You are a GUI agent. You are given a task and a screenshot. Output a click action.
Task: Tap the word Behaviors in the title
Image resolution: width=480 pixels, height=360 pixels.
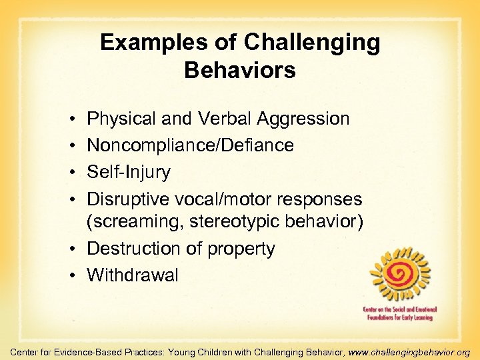(x=240, y=70)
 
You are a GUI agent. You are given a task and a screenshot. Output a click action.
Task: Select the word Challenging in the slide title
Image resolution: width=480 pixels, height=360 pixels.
(x=312, y=43)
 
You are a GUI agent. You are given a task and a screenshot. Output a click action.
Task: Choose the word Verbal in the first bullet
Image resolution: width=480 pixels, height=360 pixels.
(x=224, y=119)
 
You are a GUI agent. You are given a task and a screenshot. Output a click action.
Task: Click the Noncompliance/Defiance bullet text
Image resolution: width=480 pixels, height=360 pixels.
(x=190, y=145)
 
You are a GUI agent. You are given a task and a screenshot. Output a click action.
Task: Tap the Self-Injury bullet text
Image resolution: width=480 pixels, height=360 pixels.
(x=129, y=171)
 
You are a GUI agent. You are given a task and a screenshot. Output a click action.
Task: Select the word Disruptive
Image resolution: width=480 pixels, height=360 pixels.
(x=128, y=198)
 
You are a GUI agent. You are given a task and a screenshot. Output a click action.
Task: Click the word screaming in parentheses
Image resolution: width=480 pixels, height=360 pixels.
(x=139, y=223)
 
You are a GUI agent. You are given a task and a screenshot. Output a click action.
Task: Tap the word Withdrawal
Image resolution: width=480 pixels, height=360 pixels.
(x=133, y=275)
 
